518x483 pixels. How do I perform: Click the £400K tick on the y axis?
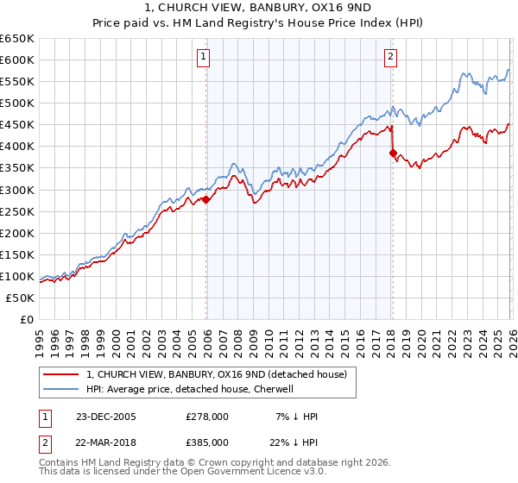[x=17, y=147]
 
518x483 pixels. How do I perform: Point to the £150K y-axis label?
[x=17, y=254]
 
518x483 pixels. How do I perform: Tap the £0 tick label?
[x=27, y=319]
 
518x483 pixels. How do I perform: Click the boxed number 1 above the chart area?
[x=204, y=58]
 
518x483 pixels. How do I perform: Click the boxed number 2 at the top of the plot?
[x=390, y=58]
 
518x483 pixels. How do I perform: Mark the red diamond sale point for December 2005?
[x=206, y=199]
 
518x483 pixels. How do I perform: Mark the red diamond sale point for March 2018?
[x=393, y=153]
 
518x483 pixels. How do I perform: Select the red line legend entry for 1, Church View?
[x=216, y=374]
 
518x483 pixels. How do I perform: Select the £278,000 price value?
[x=206, y=417]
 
